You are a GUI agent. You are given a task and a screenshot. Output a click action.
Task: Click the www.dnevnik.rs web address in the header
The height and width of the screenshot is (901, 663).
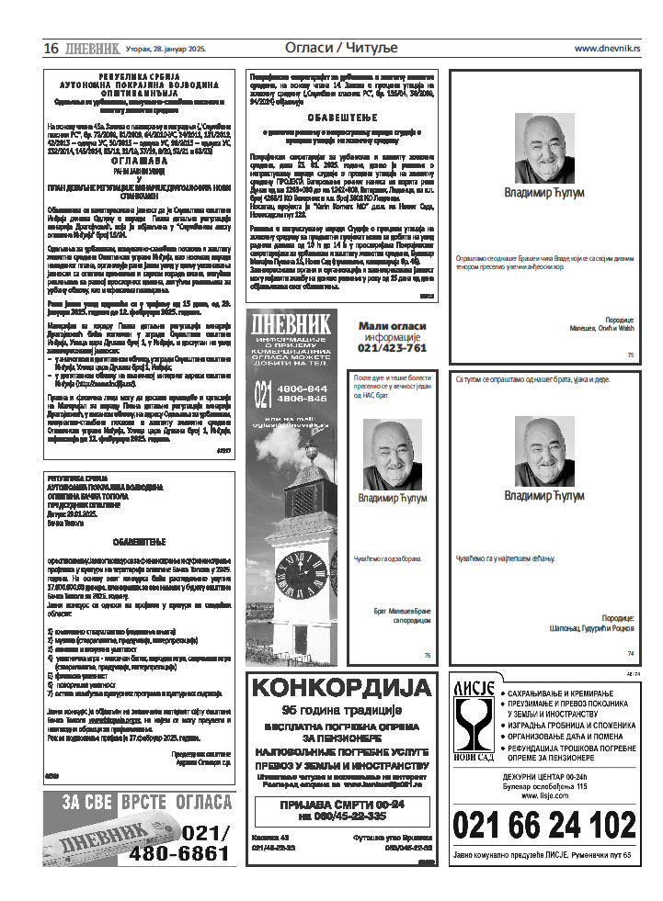click(x=607, y=48)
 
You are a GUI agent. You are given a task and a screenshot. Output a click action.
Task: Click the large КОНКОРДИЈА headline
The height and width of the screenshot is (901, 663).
click(x=341, y=688)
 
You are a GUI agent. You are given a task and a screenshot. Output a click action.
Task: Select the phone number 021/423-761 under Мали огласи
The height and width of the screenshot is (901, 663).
click(x=393, y=348)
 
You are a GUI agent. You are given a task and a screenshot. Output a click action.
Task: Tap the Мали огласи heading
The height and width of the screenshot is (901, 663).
click(x=393, y=326)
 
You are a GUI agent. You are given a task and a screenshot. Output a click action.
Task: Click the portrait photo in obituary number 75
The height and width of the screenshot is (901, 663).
click(x=543, y=147)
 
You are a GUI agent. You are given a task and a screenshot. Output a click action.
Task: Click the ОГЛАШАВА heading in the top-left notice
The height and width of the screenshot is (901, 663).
click(x=136, y=159)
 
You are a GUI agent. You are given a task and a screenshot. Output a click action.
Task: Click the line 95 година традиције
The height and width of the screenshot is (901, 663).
click(x=341, y=711)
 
